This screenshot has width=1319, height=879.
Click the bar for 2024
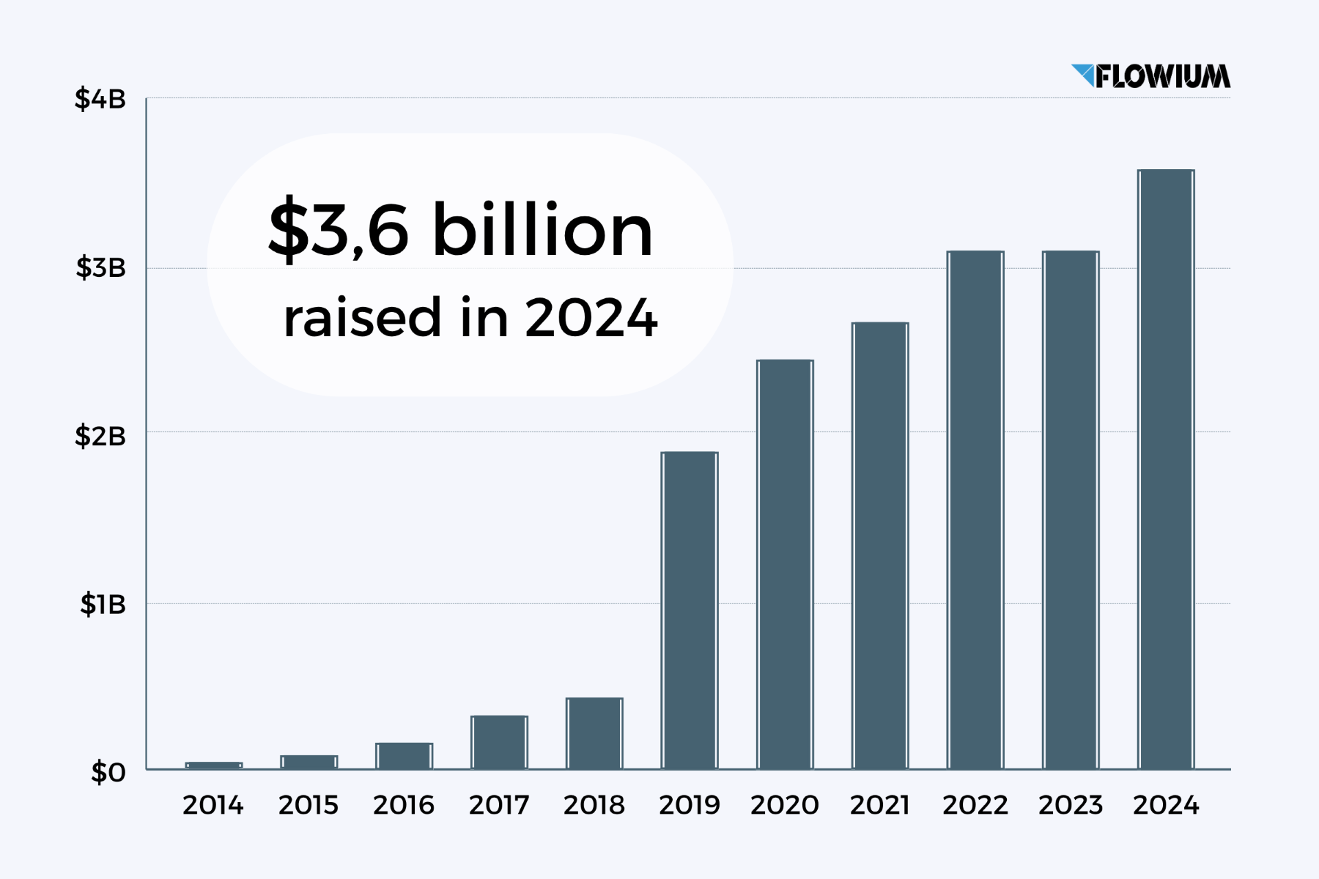(1165, 469)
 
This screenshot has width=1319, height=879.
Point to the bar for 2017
(499, 742)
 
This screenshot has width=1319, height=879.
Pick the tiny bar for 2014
(213, 765)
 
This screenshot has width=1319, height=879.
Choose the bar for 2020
(785, 564)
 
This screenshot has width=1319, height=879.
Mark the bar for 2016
(404, 755)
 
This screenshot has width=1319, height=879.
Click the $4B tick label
(100, 99)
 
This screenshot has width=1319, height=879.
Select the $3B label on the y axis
(100, 268)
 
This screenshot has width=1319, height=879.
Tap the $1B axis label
(103, 604)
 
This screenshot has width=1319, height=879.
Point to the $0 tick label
(108, 772)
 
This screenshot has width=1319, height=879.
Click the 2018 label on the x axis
(594, 805)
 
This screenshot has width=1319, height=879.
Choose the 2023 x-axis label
(1070, 805)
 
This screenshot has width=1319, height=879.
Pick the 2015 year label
(308, 805)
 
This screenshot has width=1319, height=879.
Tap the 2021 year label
(879, 805)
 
